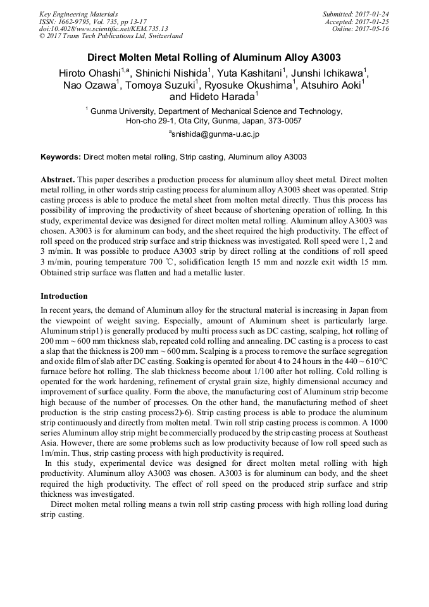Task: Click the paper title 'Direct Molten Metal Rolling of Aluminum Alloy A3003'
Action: point(214,56)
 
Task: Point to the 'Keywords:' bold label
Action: point(61,156)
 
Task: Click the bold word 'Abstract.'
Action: point(58,180)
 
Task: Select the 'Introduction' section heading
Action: point(64,296)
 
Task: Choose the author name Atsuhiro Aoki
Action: point(332,85)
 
